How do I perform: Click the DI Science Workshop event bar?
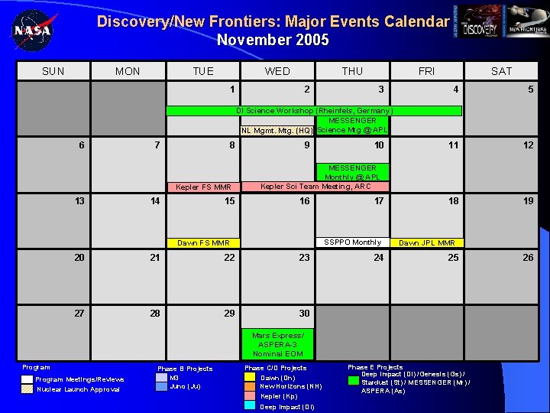click(x=314, y=111)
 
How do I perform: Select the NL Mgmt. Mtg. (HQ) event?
click(x=277, y=130)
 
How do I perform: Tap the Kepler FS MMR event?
click(x=203, y=187)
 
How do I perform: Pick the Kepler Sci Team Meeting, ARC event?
click(x=315, y=186)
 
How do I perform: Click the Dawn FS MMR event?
click(x=203, y=243)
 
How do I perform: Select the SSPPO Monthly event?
click(x=352, y=242)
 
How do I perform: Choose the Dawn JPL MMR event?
click(x=427, y=243)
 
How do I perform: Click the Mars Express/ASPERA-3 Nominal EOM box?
click(x=277, y=344)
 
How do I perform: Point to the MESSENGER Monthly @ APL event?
click(x=352, y=172)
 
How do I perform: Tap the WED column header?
click(x=277, y=71)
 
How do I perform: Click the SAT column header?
click(x=501, y=71)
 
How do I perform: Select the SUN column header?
click(x=53, y=71)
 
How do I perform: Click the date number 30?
click(x=304, y=313)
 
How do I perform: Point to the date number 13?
click(x=79, y=201)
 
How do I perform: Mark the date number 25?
click(x=453, y=258)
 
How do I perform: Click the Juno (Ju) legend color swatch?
click(x=161, y=387)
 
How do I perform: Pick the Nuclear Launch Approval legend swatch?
click(x=27, y=389)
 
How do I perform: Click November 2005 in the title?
click(x=273, y=40)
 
